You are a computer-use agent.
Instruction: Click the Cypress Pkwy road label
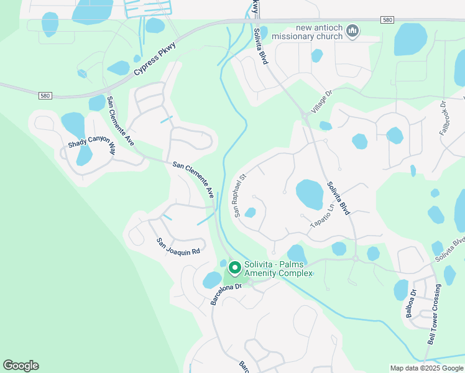point(155,58)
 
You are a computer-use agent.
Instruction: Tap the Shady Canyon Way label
point(92,144)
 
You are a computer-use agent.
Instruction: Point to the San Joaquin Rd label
point(178,247)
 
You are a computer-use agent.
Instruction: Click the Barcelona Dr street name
point(226,290)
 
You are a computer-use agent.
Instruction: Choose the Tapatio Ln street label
point(323,214)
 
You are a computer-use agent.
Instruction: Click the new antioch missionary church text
point(310,32)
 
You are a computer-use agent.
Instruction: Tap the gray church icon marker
point(352,31)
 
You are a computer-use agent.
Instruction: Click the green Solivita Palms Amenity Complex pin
point(235,268)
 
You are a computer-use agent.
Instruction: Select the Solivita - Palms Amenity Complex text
point(279,269)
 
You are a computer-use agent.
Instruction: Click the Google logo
point(21,366)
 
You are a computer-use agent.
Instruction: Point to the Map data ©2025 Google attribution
point(426,368)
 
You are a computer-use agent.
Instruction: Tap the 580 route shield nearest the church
point(388,20)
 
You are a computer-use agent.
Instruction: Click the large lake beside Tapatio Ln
point(310,194)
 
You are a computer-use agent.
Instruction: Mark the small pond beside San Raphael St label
point(250,213)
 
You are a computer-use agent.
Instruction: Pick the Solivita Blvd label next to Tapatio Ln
point(339,198)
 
